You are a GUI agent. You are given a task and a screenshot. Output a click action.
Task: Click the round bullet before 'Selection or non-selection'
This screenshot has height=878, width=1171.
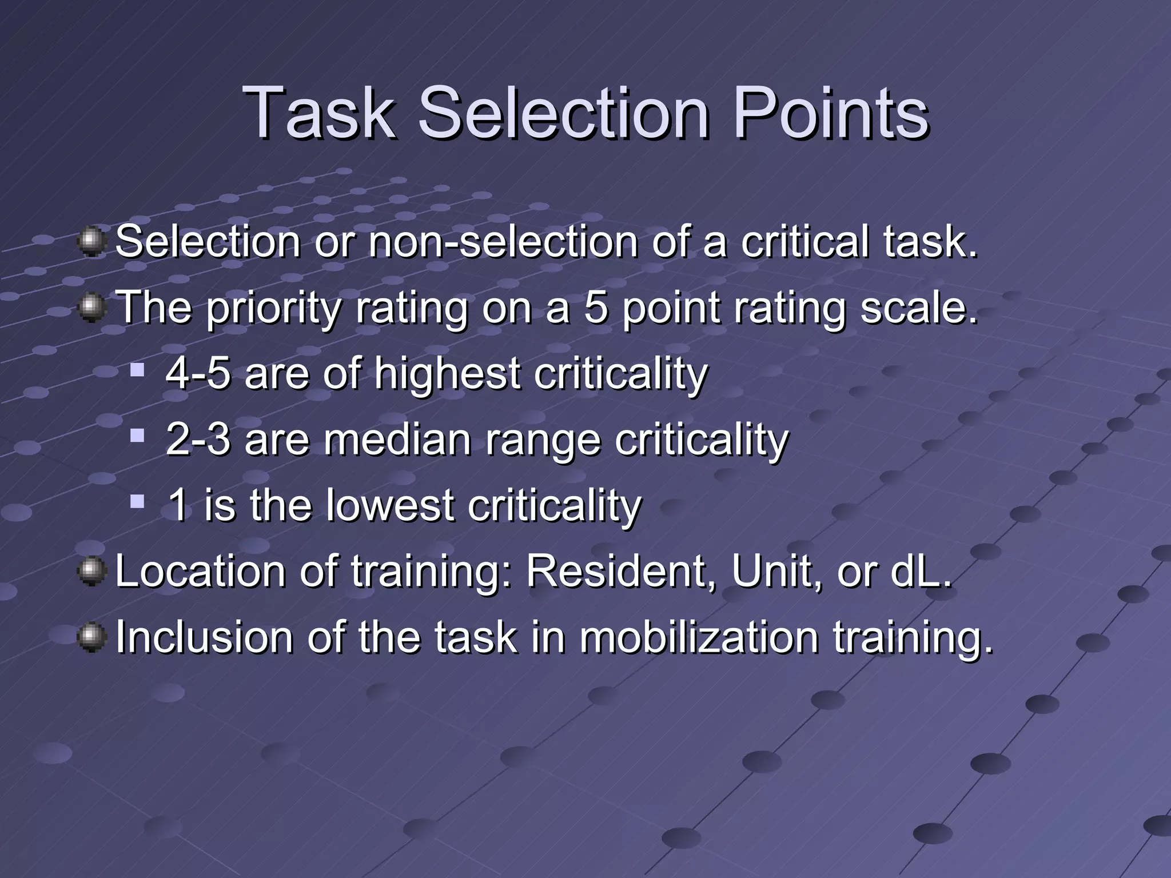(91, 242)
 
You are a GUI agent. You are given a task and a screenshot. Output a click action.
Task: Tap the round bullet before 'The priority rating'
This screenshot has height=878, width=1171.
(91, 308)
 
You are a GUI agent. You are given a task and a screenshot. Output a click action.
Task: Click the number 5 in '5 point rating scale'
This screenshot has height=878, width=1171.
(595, 308)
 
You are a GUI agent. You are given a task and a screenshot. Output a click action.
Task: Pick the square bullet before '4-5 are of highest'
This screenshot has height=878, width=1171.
(137, 370)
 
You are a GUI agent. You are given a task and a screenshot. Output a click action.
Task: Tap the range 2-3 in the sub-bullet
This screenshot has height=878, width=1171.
(198, 440)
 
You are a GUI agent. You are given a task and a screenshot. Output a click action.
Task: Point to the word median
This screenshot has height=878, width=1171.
(398, 440)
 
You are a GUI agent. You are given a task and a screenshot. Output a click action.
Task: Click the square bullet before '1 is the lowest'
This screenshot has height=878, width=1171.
(137, 502)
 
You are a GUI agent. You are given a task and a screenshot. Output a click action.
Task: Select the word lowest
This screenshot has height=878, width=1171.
(389, 506)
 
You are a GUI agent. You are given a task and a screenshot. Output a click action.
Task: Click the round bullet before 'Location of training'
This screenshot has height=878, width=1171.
(91, 572)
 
